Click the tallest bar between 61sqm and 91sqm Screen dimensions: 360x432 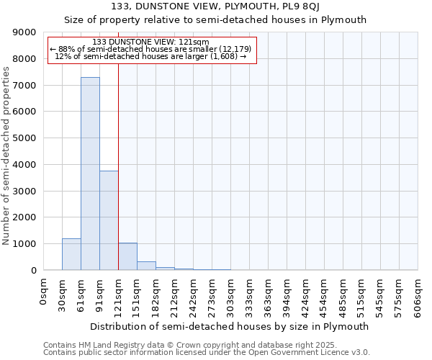[x=90, y=174]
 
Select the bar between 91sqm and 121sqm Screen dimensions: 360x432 [x=109, y=220]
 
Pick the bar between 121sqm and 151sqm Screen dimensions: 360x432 [x=127, y=256]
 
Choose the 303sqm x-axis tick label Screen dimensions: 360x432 [x=231, y=296]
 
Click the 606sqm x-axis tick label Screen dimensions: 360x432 [x=418, y=296]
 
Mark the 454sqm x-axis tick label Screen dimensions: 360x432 [x=325, y=296]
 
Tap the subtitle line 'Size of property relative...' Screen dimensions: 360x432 [x=215, y=20]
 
